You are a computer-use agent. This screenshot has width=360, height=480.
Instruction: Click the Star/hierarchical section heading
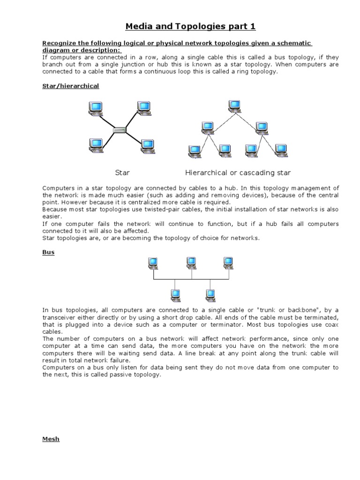pos(70,86)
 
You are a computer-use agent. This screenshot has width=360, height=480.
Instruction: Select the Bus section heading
pos(48,252)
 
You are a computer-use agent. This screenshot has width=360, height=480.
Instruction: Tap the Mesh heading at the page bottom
pos(51,439)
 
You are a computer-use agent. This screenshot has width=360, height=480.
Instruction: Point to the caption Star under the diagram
pos(122,172)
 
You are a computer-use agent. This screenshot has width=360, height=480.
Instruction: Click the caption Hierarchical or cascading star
pos(238,172)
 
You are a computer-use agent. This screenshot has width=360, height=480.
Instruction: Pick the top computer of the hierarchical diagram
pos(234,106)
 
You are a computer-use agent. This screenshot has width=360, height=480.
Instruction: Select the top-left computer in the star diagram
pos(96,109)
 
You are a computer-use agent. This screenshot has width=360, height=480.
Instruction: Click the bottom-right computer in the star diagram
pos(147,146)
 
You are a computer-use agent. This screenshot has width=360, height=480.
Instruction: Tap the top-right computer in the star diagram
pos(144,108)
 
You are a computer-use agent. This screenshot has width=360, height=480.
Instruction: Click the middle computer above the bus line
pos(191,263)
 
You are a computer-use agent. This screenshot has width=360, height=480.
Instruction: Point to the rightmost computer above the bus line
pos(228,263)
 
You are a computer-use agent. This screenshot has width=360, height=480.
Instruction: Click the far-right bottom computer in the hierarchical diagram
pos(281,150)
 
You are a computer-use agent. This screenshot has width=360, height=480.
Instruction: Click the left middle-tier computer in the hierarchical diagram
pos(207,127)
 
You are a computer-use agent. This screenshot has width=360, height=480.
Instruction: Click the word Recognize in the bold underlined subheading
pos(59,43)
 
